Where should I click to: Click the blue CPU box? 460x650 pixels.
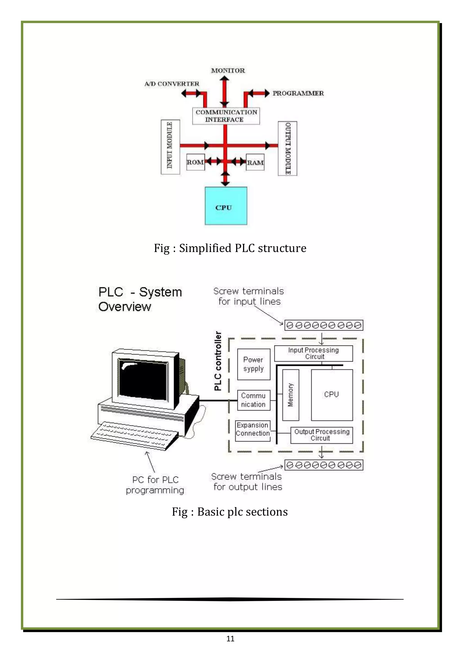coord(226,206)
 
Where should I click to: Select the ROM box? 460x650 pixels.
coord(195,162)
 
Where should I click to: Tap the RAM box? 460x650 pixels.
coord(255,162)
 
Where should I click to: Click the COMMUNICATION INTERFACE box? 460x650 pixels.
coord(226,116)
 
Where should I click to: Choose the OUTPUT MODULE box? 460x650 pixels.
coord(287,148)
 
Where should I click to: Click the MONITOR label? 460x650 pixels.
coord(228,70)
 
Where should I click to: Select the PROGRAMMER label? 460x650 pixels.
coord(298,93)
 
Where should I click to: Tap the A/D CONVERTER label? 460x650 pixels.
coord(172,84)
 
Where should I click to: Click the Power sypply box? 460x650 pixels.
coord(254,364)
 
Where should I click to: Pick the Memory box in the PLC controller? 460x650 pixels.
coord(291,395)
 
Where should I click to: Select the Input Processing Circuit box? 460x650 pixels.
coord(313,353)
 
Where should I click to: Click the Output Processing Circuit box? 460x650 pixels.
coord(321,435)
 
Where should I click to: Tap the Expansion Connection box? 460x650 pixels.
coord(253,430)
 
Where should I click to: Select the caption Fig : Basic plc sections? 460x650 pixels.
coord(230,512)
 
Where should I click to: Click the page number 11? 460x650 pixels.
coord(230,638)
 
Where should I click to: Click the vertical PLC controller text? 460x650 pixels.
coord(218,361)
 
